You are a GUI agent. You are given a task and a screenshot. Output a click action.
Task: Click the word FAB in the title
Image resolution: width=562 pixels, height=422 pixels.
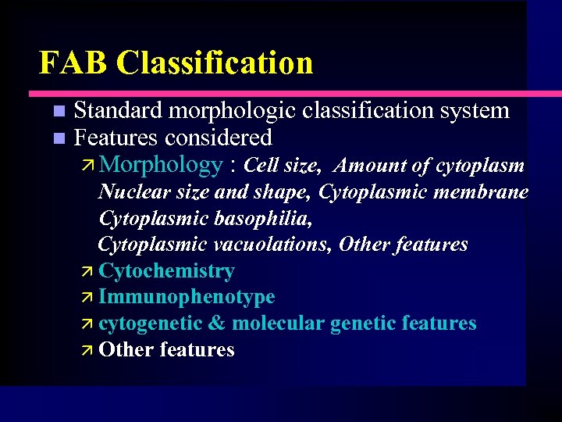coord(73,63)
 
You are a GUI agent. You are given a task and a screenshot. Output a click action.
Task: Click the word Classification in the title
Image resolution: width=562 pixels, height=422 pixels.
coord(215,63)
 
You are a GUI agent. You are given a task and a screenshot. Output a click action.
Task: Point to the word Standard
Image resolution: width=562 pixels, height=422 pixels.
coord(118,111)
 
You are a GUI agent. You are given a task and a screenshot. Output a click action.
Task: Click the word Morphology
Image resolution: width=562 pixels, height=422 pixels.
coord(162,165)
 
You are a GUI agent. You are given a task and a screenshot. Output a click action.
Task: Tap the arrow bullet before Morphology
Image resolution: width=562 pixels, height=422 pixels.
coord(88,166)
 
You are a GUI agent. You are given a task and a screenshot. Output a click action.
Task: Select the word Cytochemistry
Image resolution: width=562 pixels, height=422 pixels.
coord(167,271)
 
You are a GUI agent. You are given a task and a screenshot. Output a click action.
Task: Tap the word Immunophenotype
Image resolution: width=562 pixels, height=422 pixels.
coord(187,297)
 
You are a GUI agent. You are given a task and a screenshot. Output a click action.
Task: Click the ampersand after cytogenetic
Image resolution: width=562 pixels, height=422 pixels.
coord(216,324)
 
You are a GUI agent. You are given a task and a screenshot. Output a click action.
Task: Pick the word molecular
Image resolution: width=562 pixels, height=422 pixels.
coord(279,324)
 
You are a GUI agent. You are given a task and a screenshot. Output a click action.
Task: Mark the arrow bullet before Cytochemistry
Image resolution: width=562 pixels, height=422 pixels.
coord(88,272)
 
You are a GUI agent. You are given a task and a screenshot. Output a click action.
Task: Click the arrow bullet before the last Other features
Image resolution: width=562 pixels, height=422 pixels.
coord(88,350)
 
